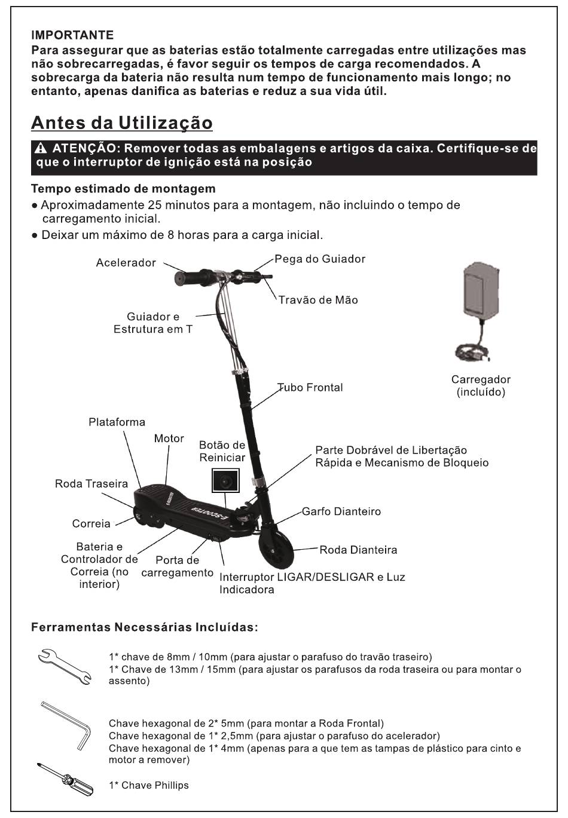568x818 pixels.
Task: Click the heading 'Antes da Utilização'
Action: point(121,122)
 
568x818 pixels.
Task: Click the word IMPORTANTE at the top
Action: point(72,36)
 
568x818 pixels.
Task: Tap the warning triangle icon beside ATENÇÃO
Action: point(40,149)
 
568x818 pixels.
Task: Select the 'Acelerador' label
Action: point(126,263)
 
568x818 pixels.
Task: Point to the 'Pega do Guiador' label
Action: point(320,259)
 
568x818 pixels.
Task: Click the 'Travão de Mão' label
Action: point(317,300)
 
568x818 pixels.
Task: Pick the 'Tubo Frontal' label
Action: point(311,388)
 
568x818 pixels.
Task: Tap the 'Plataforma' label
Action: point(117,422)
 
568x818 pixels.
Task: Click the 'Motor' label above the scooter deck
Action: point(169,439)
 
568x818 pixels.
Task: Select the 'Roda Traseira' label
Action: point(91,483)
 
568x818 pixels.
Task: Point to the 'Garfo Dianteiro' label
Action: point(341,511)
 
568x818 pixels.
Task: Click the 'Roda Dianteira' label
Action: point(358,550)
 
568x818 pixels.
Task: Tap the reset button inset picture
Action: point(225,480)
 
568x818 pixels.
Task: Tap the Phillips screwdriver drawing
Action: point(66,780)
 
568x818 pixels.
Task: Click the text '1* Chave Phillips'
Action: point(148,785)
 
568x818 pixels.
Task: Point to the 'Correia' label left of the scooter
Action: point(91,524)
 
